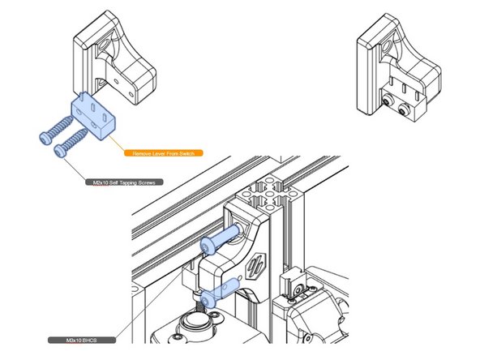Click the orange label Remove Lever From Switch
click(x=162, y=152)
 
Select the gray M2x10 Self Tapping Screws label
click(x=126, y=183)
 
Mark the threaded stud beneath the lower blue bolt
click(x=199, y=309)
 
